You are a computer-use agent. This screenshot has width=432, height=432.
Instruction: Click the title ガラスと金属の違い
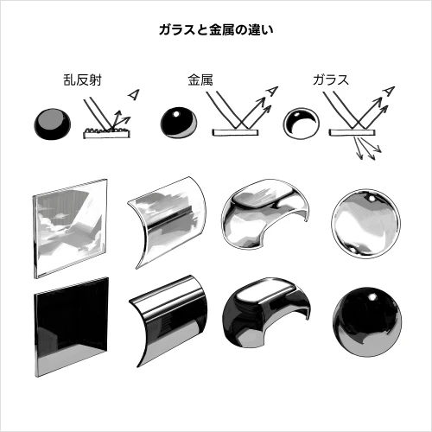pos(216,30)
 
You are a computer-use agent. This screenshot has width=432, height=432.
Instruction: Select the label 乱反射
pos(82,80)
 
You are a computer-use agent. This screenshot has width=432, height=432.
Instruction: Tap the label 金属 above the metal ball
pos(200,80)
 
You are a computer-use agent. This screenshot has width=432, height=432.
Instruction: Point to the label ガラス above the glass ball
pos(331,80)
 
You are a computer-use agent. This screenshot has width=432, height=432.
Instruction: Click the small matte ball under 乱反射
pos(53,124)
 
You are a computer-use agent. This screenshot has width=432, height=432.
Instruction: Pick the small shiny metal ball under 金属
pos(179,123)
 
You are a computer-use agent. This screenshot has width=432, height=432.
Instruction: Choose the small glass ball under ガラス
pos(301,124)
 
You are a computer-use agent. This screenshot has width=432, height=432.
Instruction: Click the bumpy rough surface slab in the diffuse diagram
pos(106,133)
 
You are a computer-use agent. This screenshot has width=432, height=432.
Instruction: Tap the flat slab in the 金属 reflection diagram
pos(235,132)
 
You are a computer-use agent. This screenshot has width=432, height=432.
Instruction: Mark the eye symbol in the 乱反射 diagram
pos(134,94)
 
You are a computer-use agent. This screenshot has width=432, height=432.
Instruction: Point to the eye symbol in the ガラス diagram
pos(389,91)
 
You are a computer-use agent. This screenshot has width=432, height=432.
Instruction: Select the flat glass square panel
pos(70,228)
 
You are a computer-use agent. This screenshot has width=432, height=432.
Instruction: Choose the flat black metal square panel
pos(72,327)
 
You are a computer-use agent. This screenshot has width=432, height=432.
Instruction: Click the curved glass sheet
pos(168,222)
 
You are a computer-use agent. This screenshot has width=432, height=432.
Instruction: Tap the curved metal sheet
pos(168,321)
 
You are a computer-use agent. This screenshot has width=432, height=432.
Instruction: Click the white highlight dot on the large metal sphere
pos(372,296)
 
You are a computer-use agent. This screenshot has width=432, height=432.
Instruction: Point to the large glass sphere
pos(365,224)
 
